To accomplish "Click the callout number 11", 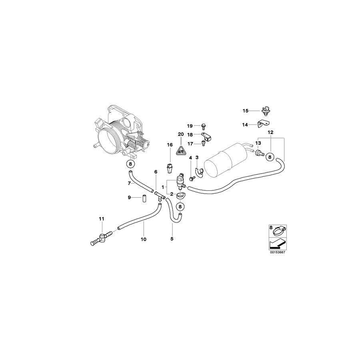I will tap(101, 219).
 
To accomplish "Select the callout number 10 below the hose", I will tap(144, 239).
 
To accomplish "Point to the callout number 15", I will tap(246, 110).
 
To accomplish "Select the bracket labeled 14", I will tap(262, 124).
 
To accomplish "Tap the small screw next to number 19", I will tap(203, 126).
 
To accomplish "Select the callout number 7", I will tap(129, 184).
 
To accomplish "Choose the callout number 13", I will tap(258, 143).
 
